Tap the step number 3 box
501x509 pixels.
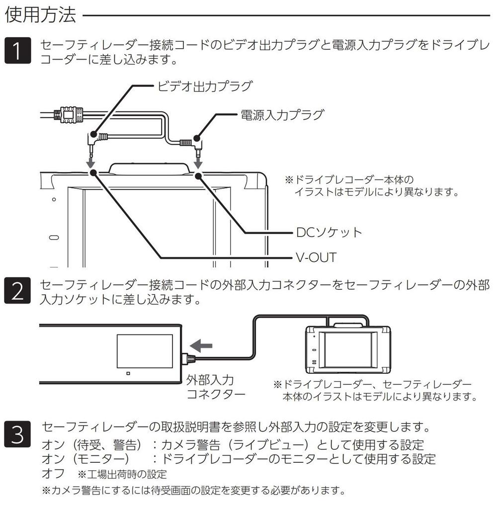17,432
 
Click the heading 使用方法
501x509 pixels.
40,15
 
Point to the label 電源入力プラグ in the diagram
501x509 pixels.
282,115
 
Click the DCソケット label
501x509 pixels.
329,232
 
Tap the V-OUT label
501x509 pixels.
316,257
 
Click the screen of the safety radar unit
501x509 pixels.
145,351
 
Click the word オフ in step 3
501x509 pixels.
54,473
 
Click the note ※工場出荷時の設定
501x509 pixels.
121,474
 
